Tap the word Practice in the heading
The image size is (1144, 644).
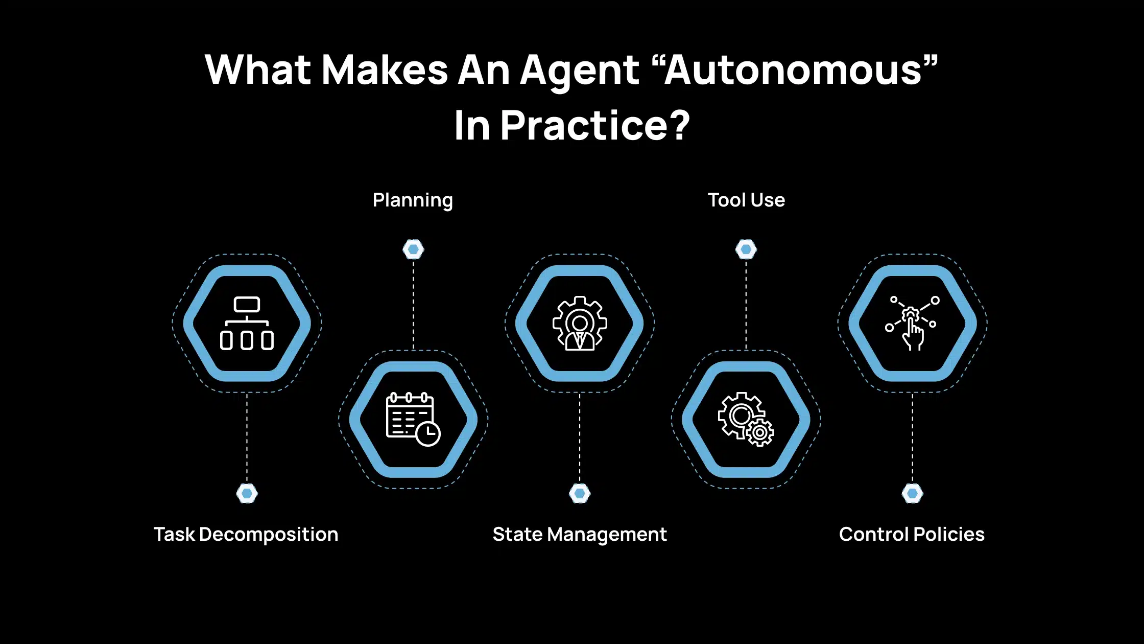tap(583, 126)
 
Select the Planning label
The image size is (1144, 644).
tap(413, 200)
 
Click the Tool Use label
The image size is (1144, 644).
tap(746, 200)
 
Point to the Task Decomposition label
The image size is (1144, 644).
tap(246, 535)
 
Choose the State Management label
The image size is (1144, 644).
tap(580, 535)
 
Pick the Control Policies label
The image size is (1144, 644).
tap(912, 534)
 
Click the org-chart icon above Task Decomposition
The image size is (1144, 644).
tap(247, 324)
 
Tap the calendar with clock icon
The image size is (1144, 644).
tap(413, 419)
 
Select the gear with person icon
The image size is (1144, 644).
tap(580, 324)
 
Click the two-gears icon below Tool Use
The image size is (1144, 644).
tap(746, 419)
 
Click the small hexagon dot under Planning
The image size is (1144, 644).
tap(413, 249)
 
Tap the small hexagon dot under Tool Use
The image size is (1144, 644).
tap(746, 249)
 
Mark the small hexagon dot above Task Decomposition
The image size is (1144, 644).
tap(247, 493)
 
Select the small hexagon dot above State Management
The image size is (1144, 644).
tap(580, 493)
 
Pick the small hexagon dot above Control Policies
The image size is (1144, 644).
tap(913, 493)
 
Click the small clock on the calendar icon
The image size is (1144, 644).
tap(428, 434)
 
